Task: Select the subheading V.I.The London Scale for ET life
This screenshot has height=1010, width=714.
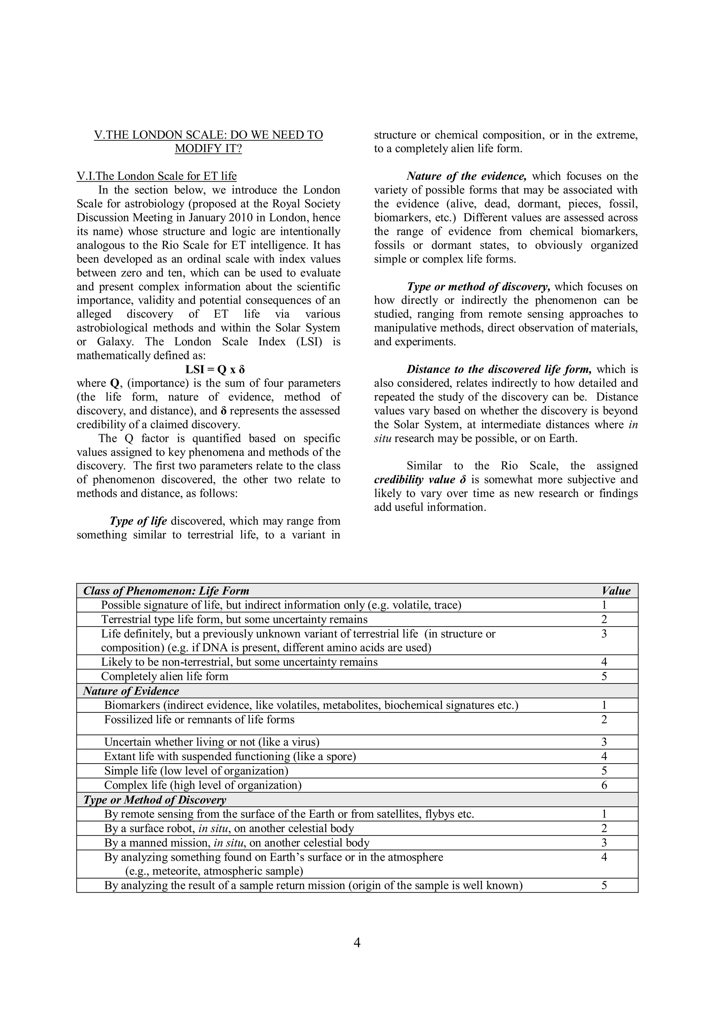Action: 157,176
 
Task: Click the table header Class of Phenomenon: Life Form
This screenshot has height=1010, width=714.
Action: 166,591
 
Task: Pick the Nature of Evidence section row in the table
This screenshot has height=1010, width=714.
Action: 131,691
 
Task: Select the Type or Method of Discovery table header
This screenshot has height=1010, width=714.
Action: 155,800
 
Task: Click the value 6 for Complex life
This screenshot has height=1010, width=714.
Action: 604,785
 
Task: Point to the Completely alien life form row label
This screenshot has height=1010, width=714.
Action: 165,676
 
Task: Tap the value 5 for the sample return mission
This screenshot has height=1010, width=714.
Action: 604,885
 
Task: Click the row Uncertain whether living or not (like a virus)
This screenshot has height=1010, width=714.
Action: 212,742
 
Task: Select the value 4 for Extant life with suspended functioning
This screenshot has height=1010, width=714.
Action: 604,756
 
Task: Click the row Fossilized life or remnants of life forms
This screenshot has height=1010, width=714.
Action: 199,720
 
